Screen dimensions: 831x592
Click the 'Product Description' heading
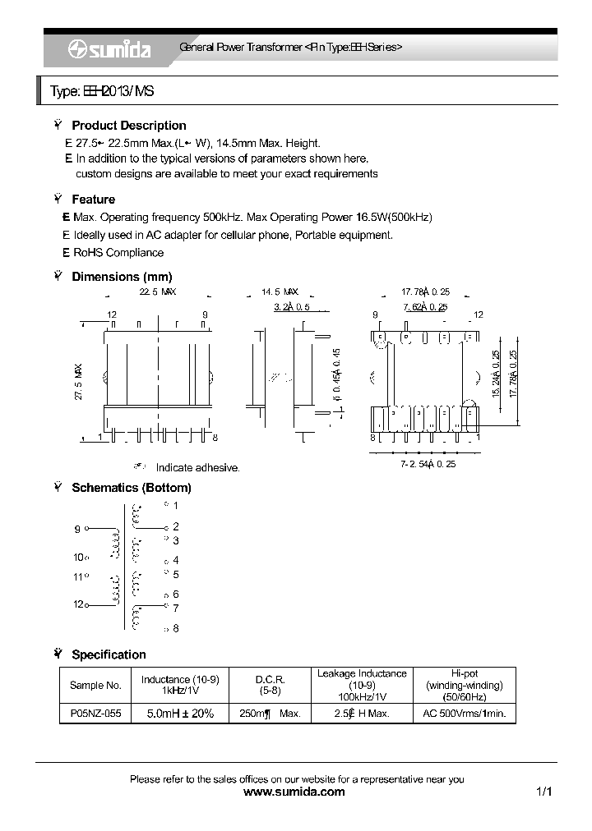coord(128,126)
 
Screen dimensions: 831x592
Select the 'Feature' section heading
coord(93,200)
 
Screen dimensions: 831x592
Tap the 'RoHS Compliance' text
coord(119,253)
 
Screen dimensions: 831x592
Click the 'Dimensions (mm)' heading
coord(122,277)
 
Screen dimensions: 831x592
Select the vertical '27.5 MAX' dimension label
coord(79,381)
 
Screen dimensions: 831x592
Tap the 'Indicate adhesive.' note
coord(197,467)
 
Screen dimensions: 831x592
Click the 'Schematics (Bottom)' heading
coord(131,488)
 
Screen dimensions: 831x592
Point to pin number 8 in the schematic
coord(175,628)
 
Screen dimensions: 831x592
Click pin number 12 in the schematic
coord(78,604)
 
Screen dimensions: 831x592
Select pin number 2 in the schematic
coord(175,526)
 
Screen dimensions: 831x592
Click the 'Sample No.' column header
coord(95,685)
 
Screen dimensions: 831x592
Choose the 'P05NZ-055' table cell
coord(95,714)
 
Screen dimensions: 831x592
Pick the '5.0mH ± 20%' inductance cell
coord(179,714)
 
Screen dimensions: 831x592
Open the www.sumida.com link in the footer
coord(295,792)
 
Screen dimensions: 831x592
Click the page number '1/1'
coord(543,792)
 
